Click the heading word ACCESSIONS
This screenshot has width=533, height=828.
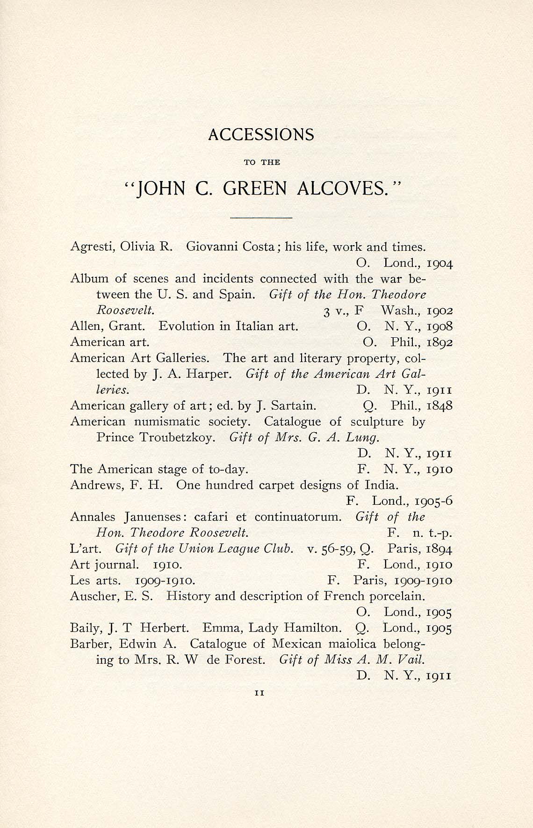[x=261, y=135]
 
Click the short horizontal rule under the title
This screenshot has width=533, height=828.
[x=261, y=218]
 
